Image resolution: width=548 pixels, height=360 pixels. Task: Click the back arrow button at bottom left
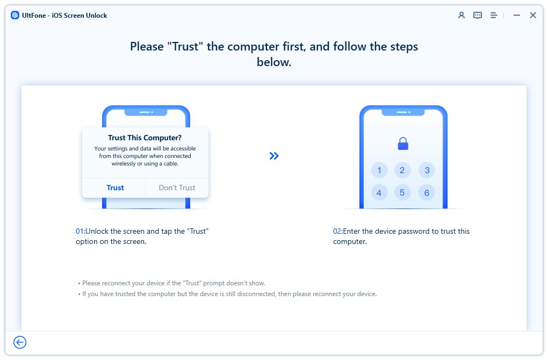(20, 342)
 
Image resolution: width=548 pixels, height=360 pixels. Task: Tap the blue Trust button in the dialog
(115, 188)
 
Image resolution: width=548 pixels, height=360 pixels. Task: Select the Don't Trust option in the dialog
(177, 188)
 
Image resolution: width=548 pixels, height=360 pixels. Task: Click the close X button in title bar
(533, 16)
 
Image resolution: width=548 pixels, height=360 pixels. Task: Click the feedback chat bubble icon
(478, 16)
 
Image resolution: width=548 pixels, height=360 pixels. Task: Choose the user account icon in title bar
(461, 16)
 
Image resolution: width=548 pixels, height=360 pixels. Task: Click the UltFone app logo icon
(15, 16)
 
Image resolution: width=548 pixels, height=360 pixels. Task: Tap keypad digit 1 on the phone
(379, 171)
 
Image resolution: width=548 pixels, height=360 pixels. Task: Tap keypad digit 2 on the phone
(403, 171)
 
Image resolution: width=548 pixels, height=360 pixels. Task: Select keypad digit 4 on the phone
(379, 192)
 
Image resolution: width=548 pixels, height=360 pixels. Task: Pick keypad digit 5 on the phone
(403, 192)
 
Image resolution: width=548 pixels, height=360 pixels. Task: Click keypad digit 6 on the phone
(427, 192)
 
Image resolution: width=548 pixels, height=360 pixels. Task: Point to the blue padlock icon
(403, 143)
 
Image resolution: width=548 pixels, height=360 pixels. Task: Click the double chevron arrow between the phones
(274, 156)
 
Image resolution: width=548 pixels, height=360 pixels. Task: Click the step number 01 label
(80, 231)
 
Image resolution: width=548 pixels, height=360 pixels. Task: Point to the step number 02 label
(337, 231)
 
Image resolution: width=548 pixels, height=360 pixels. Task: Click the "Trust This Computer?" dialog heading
(145, 138)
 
